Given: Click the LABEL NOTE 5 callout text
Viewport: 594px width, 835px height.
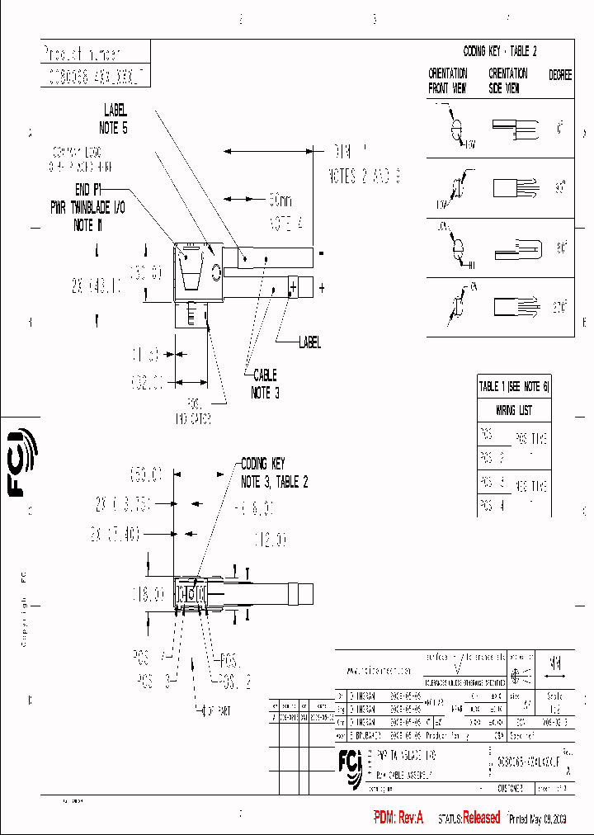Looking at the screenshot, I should [x=115, y=118].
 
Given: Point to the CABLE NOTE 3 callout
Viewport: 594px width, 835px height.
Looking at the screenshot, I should [x=265, y=384].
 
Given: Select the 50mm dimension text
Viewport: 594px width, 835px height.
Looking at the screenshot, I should [x=280, y=200].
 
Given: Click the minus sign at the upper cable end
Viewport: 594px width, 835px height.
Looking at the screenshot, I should [x=321, y=252].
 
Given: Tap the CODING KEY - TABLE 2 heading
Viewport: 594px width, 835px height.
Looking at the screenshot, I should [x=500, y=51].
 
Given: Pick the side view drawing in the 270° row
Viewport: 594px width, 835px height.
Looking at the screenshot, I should [x=515, y=307].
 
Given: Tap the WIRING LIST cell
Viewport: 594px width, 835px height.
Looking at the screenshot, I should [x=513, y=410].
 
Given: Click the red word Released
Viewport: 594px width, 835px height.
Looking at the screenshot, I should [x=481, y=818].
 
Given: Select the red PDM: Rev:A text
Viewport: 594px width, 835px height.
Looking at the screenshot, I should [x=398, y=818].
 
